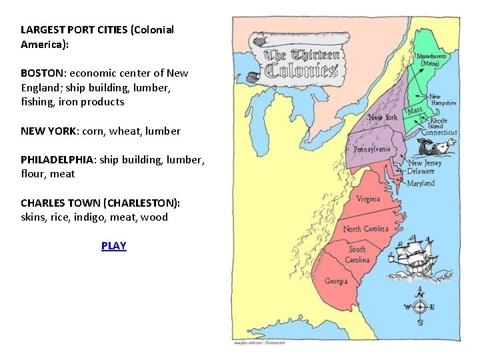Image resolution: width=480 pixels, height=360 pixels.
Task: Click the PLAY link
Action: (x=113, y=246)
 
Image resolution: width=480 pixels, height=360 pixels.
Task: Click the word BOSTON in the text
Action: (x=43, y=73)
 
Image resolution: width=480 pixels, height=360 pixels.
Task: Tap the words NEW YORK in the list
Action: (x=48, y=131)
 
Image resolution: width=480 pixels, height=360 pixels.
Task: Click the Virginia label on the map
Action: (x=368, y=199)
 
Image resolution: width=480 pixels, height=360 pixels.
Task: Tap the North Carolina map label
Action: (x=366, y=229)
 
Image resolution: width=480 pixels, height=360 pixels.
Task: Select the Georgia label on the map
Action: (x=336, y=281)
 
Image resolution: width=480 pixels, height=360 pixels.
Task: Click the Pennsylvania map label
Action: (x=372, y=149)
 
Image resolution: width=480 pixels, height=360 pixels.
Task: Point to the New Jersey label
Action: (x=425, y=163)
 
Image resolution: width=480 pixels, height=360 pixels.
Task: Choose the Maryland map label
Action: (x=421, y=183)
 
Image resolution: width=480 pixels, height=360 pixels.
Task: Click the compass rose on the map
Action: (x=419, y=307)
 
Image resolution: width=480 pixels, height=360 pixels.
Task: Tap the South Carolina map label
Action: (x=357, y=255)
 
